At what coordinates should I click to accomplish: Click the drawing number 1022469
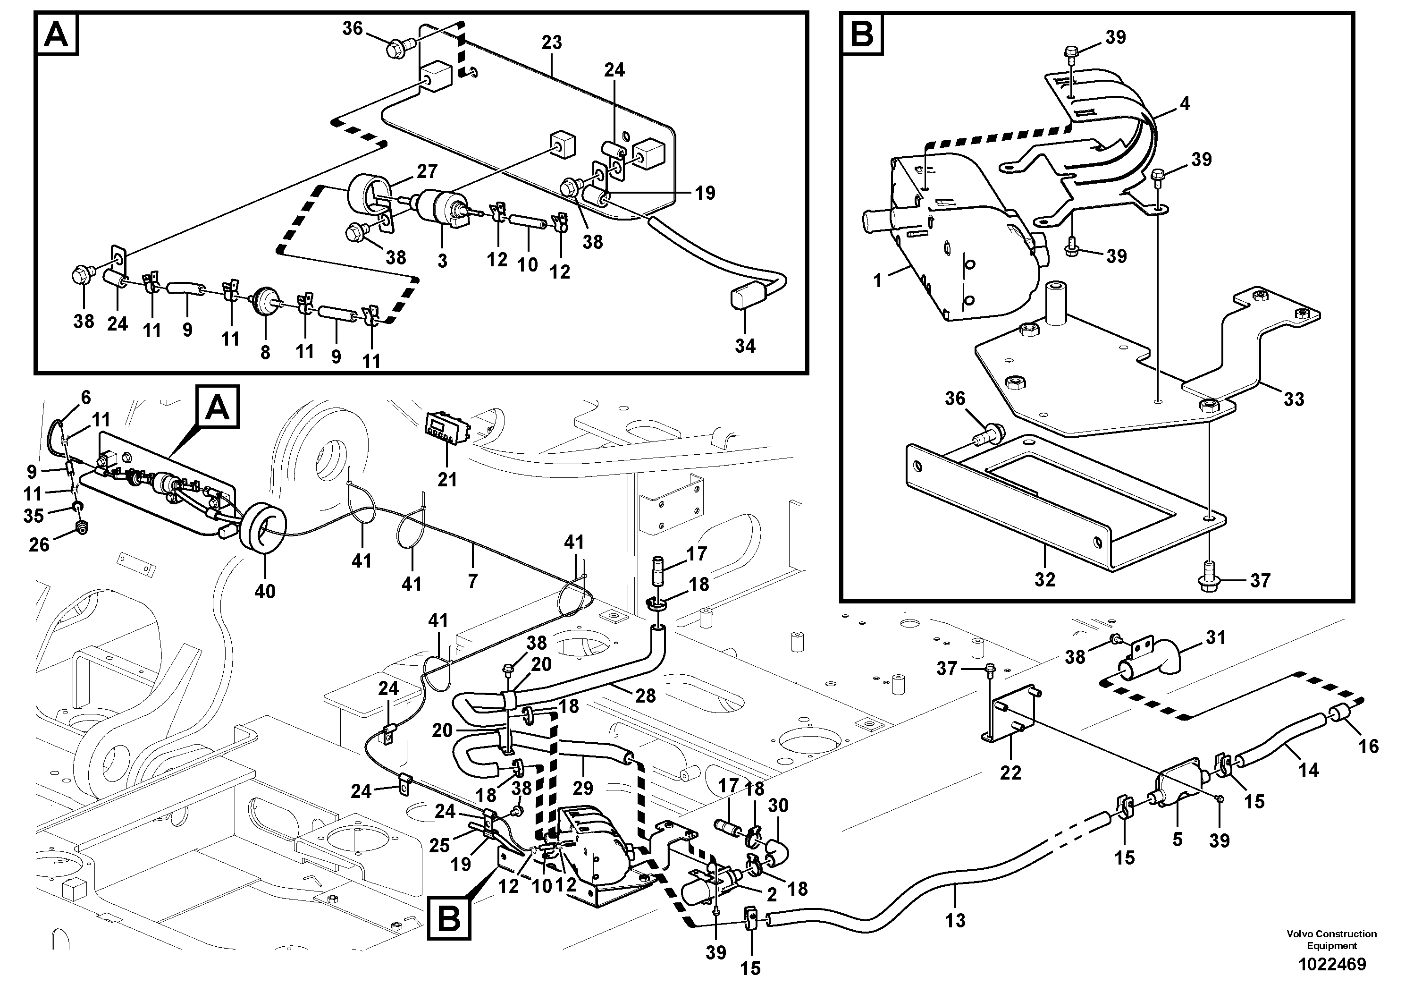(x=1331, y=965)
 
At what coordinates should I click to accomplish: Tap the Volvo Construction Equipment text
(x=1331, y=940)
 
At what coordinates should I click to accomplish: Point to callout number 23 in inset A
(x=551, y=43)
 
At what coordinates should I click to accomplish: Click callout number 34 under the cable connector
(x=745, y=346)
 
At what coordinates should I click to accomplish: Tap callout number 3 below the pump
(x=442, y=261)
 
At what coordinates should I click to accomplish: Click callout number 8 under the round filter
(x=265, y=353)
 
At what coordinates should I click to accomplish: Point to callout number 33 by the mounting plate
(x=1294, y=399)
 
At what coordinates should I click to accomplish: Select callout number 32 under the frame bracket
(x=1044, y=579)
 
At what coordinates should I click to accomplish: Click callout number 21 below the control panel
(x=447, y=479)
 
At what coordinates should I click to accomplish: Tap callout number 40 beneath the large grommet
(x=264, y=591)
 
